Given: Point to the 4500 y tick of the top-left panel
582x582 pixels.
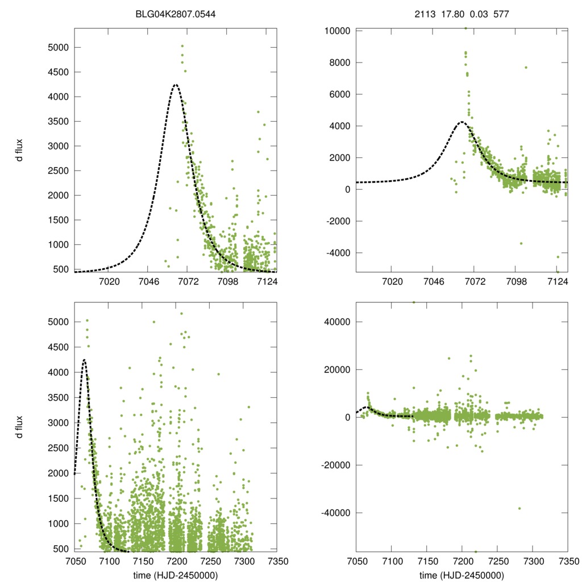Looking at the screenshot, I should pos(58,72).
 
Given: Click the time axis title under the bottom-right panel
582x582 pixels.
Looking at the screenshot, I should pos(462,575).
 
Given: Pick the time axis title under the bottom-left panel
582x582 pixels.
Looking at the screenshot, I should pos(175,575).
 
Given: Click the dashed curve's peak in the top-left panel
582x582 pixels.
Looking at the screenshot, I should pos(176,85).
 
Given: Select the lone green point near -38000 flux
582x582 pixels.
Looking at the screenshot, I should pos(519,508).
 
